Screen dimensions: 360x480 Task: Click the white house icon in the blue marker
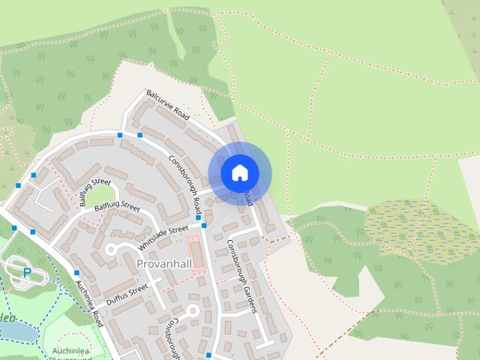click(x=239, y=173)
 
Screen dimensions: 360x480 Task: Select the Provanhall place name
click(x=164, y=264)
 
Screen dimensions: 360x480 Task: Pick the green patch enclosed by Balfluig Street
click(x=103, y=196)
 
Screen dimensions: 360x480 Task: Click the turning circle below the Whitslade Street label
click(x=112, y=248)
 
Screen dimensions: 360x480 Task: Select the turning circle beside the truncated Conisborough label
click(x=192, y=310)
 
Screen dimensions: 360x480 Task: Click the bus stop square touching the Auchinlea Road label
click(x=76, y=273)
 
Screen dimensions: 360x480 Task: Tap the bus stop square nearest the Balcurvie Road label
click(x=139, y=135)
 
